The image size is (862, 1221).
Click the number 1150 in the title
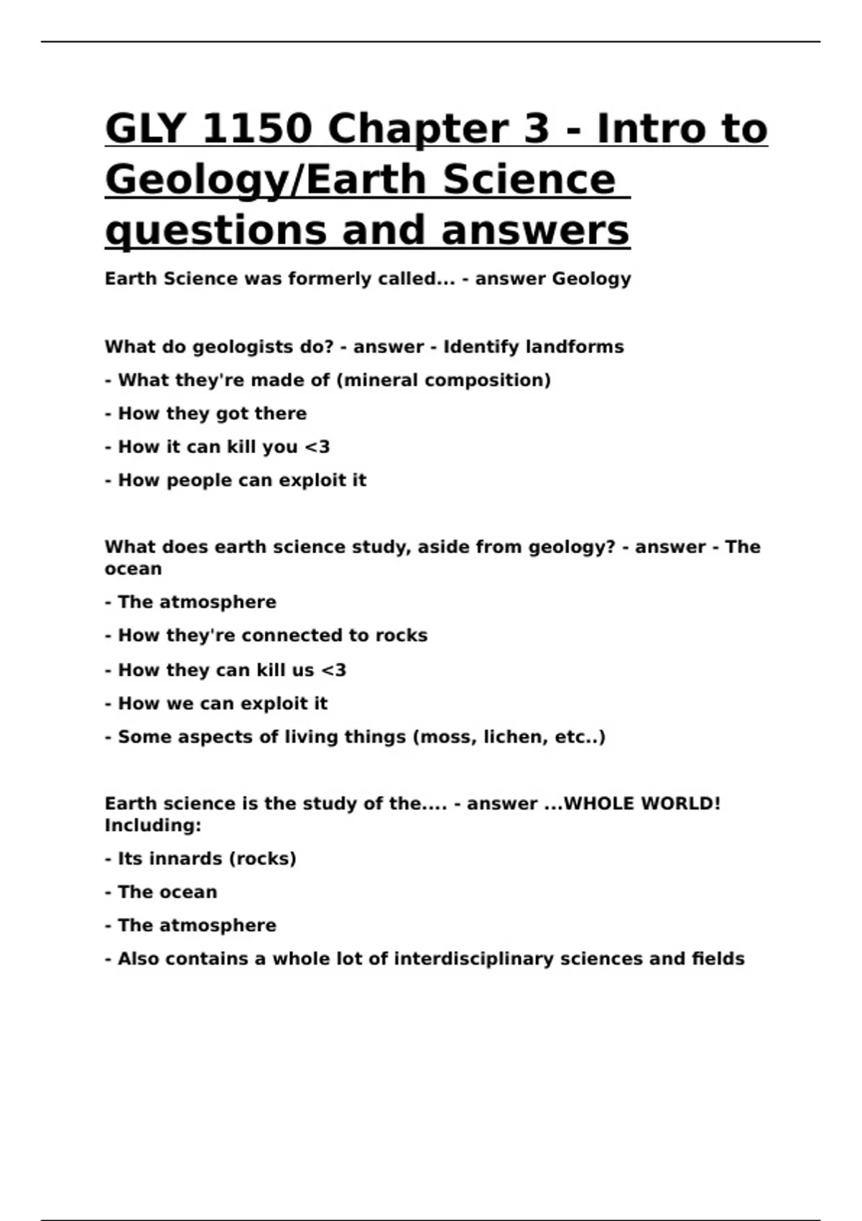pos(257,129)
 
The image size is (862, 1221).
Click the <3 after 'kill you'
pos(317,447)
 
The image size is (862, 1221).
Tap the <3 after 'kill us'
pos(333,670)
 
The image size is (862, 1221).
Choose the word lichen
pos(515,737)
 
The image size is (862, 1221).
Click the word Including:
pos(153,826)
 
